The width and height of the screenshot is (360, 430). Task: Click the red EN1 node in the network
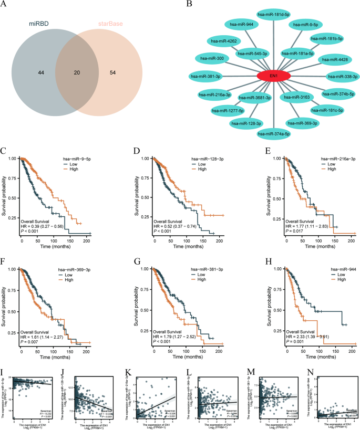273,77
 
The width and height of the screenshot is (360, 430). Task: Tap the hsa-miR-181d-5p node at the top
273,15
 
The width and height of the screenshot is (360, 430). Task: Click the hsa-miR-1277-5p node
227,111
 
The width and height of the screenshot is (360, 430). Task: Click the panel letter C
4,153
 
